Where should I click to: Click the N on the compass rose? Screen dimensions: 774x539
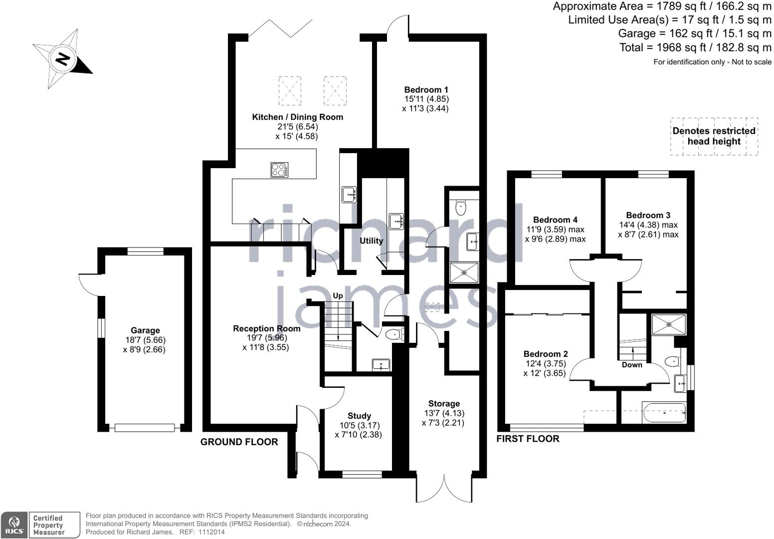[62, 59]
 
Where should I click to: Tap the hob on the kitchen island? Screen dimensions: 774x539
[279, 170]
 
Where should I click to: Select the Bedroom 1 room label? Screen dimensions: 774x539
[426, 90]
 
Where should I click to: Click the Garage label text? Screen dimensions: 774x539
[145, 330]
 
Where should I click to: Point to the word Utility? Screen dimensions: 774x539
[372, 241]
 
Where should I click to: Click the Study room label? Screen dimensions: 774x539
[360, 416]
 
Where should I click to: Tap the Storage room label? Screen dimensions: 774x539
[444, 403]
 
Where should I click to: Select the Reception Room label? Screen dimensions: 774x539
[267, 328]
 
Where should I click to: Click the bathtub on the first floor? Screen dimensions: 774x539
[664, 412]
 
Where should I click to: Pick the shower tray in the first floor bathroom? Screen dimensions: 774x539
[669, 324]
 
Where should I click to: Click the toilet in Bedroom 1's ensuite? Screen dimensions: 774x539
[461, 208]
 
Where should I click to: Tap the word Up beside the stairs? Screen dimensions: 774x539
[338, 295]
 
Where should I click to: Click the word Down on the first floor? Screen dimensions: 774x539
[632, 365]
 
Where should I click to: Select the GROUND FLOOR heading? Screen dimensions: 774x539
[239, 442]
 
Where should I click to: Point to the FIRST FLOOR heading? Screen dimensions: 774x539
[528, 439]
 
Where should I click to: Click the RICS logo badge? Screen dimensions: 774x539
[14, 525]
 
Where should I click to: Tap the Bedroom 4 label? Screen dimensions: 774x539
[555, 220]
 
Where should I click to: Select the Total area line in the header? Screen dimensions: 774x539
[695, 47]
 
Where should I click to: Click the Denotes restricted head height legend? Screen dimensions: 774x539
[714, 136]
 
